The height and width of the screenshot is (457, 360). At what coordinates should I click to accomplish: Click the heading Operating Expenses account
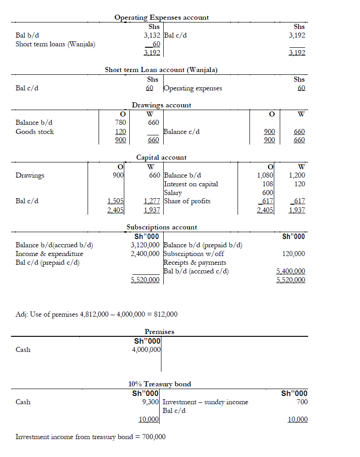161,17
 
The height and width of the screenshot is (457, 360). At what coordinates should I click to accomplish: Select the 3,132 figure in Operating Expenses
152,35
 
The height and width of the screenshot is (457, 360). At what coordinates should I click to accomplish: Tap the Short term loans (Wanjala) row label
55,44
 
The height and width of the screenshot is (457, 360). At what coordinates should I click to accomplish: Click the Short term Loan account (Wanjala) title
161,70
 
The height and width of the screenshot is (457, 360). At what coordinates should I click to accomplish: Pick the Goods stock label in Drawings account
34,132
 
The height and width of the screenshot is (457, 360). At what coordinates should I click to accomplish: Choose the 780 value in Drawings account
121,123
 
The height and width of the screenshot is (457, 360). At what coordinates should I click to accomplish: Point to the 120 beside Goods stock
121,132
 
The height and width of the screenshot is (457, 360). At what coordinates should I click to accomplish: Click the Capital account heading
161,157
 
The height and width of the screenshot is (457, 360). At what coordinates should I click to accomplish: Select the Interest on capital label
191,184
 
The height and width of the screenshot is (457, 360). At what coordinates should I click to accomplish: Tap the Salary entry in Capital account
173,193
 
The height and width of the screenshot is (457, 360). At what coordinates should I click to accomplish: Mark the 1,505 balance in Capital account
115,201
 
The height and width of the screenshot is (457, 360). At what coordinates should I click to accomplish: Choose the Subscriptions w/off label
194,254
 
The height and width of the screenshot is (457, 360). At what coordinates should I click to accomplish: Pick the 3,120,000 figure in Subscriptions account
145,245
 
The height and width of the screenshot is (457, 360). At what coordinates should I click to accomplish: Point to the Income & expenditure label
50,254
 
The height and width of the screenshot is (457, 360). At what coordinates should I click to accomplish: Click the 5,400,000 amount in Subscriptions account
291,271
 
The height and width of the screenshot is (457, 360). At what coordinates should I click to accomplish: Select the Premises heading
160,331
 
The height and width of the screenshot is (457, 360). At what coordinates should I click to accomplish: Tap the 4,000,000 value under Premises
146,350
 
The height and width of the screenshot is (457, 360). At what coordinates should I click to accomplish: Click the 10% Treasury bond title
160,384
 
